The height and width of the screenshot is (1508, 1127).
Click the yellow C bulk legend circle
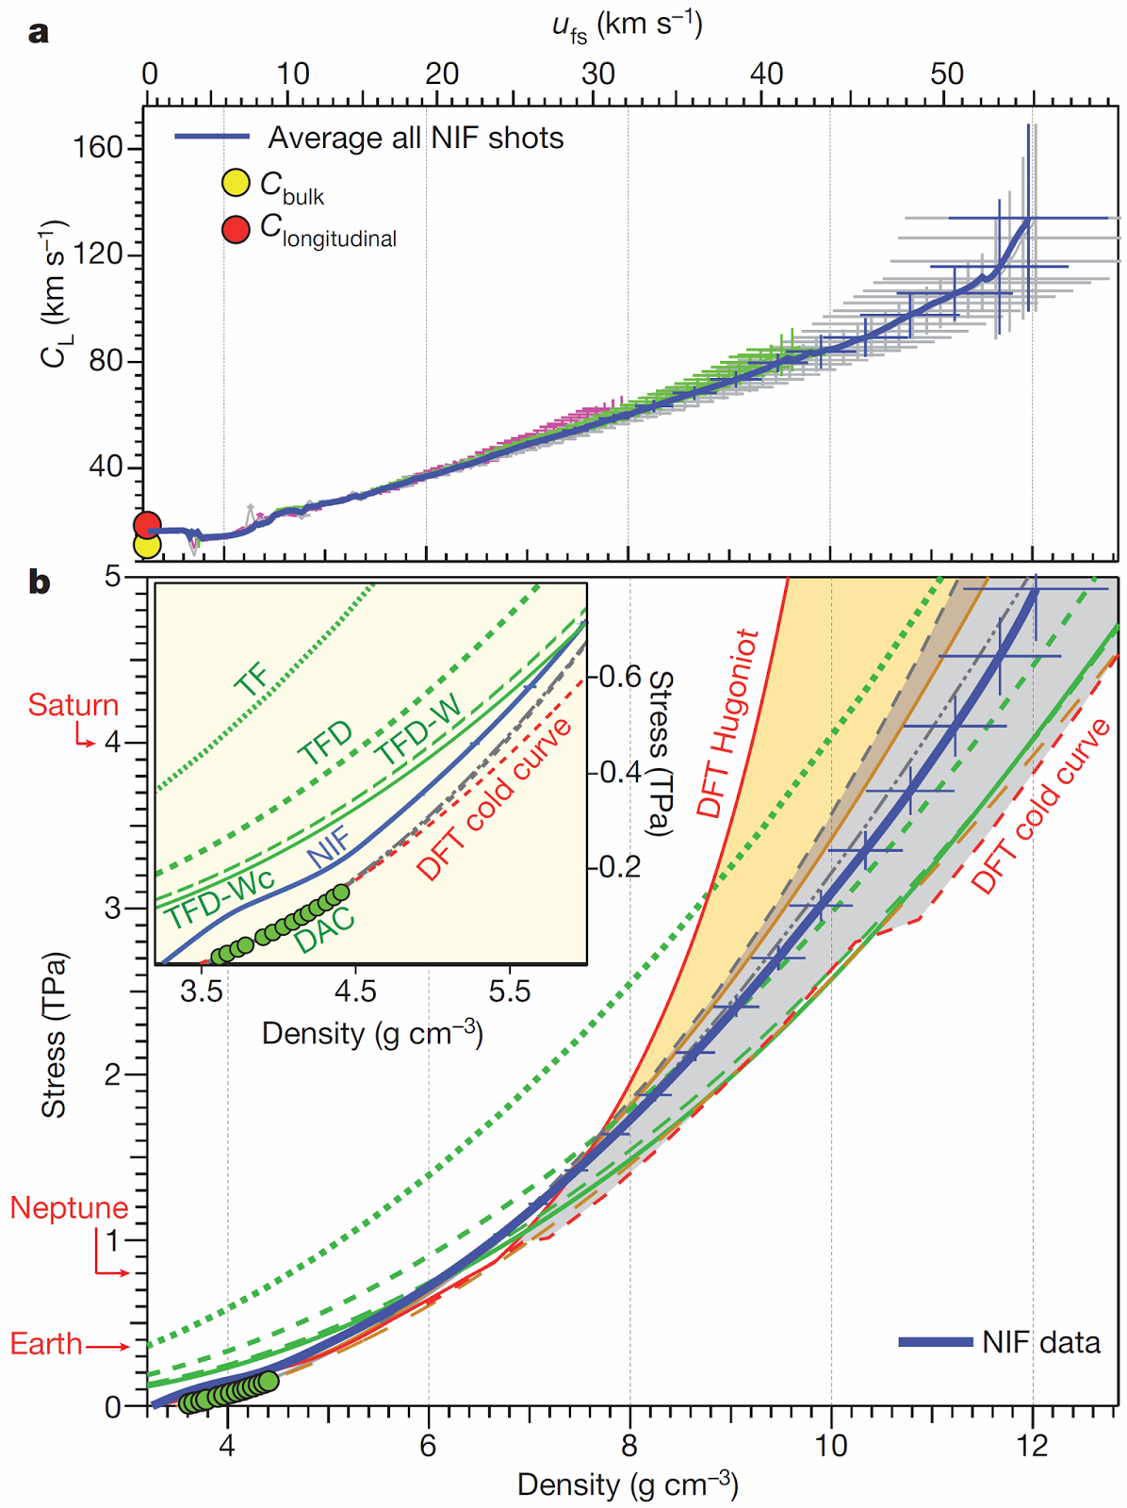pyautogui.click(x=236, y=183)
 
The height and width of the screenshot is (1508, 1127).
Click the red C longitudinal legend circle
pyautogui.click(x=236, y=229)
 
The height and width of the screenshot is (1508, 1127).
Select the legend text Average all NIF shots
pyautogui.click(x=416, y=139)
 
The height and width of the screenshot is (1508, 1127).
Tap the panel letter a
pyautogui.click(x=39, y=33)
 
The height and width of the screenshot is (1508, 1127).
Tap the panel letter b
pyautogui.click(x=39, y=582)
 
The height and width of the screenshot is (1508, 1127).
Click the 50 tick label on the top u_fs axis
pyautogui.click(x=946, y=74)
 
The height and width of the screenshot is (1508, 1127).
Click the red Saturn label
pyautogui.click(x=73, y=705)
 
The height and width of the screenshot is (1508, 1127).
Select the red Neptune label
pyautogui.click(x=69, y=1207)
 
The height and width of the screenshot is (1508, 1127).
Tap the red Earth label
pyautogui.click(x=46, y=1343)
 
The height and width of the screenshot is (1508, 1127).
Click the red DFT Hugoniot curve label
pyautogui.click(x=728, y=723)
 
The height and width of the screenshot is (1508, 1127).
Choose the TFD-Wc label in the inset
pyautogui.click(x=220, y=898)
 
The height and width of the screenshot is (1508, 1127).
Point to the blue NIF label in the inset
pyautogui.click(x=330, y=845)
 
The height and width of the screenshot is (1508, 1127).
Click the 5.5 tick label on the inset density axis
pyautogui.click(x=510, y=991)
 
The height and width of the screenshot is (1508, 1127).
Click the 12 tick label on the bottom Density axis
pyautogui.click(x=1033, y=1445)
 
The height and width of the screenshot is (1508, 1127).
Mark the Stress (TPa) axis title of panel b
pyautogui.click(x=55, y=1034)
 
